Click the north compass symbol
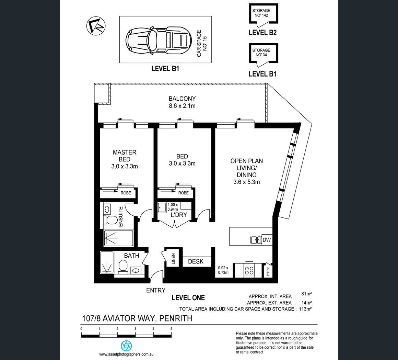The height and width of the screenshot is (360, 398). coord(96,26)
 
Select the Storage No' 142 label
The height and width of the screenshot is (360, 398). coord(261,13)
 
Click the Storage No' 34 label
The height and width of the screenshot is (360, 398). coord(261,52)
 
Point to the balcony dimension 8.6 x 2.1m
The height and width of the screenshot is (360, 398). coord(182,106)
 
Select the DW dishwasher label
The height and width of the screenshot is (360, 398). coord(267,239)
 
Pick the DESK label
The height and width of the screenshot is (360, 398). coord(196,261)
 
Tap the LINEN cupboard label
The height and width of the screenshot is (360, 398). coord(174,259)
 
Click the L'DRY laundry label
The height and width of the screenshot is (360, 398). coord(179,215)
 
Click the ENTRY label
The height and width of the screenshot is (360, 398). coord(156,290)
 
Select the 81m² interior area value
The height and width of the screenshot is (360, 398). coord(306,294)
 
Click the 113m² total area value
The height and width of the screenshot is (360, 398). coord(305,309)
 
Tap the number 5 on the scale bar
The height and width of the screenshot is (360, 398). coord(171,329)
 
